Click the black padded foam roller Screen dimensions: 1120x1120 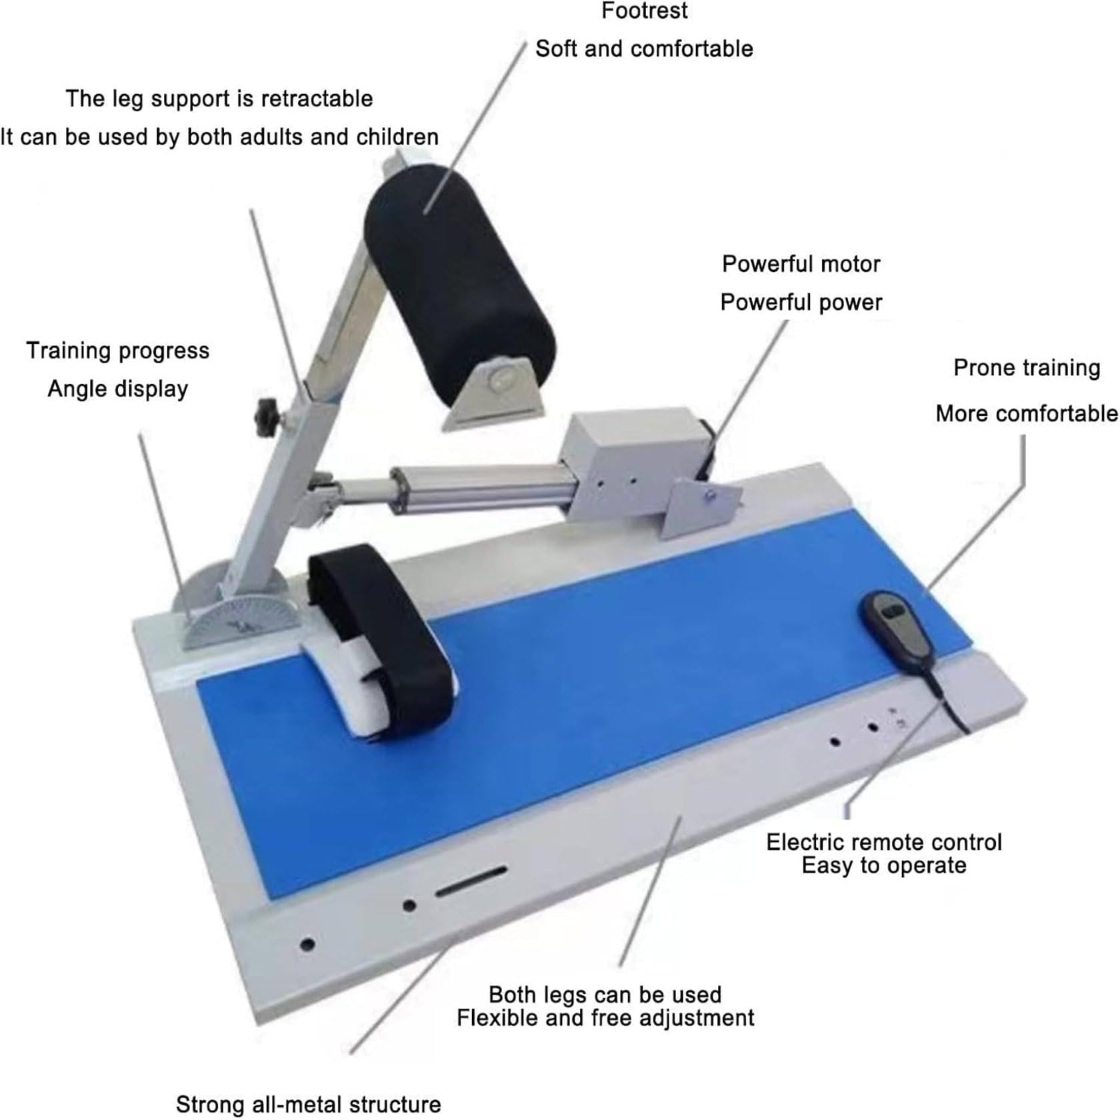pos(460,280)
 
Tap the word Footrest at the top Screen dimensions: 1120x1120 pos(644,11)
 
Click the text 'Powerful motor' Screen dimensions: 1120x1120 pos(801,264)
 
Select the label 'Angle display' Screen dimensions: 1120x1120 pos(117,389)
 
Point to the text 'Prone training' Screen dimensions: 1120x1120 pos(1027,368)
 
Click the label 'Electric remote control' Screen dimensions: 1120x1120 pos(883,842)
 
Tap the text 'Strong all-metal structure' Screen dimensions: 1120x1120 pos(308,1104)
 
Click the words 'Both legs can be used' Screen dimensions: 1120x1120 pos(605,995)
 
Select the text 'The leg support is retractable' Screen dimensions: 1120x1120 pos(219,99)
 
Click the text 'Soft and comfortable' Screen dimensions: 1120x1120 pos(644,49)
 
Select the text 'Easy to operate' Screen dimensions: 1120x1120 pos(883,866)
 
